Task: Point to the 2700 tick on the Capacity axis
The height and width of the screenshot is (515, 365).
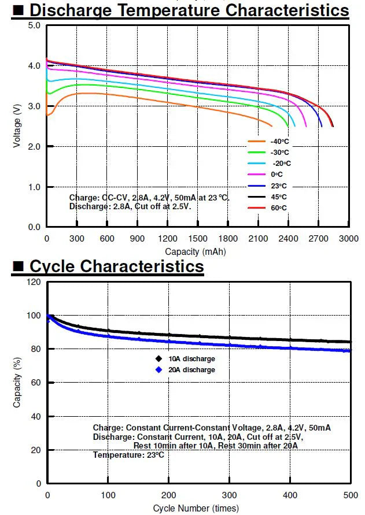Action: [318, 239]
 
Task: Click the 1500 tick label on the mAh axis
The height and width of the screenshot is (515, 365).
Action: [198, 239]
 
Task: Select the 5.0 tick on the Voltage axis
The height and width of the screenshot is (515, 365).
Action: [34, 26]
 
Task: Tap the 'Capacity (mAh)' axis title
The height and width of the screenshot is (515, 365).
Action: [195, 251]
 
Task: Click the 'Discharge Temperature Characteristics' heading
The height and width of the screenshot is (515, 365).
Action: [189, 10]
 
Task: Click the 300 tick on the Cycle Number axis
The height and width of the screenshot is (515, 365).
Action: [230, 495]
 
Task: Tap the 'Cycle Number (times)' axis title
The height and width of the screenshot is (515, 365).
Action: [195, 509]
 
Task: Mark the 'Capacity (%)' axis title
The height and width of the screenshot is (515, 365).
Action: [17, 382]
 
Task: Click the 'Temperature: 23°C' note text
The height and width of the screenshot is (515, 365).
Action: [128, 455]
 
